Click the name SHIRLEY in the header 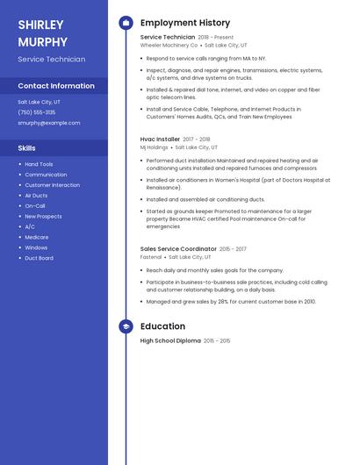click(40, 25)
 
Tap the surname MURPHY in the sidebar click(42, 41)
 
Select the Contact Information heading click(56, 86)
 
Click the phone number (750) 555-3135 click(36, 112)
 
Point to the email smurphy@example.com click(48, 123)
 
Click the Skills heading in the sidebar click(26, 148)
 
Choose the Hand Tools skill click(39, 164)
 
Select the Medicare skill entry click(37, 237)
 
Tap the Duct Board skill click(39, 258)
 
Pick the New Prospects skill click(43, 216)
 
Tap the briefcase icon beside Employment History click(126, 23)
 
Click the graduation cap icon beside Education click(126, 326)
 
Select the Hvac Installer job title click(160, 139)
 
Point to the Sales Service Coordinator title click(178, 249)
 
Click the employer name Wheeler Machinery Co click(169, 45)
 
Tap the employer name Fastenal click(151, 257)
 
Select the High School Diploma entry click(170, 340)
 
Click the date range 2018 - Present click(216, 38)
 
